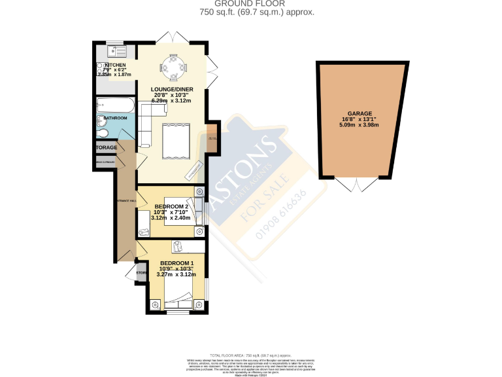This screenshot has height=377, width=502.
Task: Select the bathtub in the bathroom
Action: pos(115,106)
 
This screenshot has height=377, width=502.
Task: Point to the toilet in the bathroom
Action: pos(103,134)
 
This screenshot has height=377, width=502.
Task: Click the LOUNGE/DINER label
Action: pos(172,88)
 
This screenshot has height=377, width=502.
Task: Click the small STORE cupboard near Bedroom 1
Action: pos(141,274)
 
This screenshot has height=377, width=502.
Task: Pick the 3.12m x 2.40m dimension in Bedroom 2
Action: pos(171,218)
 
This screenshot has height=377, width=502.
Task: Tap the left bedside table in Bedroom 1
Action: pos(156,304)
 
